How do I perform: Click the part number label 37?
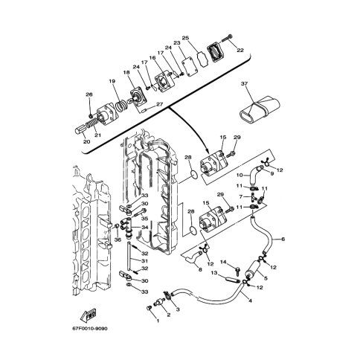tap(244, 83)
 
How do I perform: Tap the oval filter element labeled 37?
tap(260, 109)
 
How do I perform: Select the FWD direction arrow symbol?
tap(89, 316)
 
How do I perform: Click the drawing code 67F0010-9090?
tap(90, 329)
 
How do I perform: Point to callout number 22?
tap(240, 51)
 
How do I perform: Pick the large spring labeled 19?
tap(122, 104)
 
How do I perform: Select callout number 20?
tap(87, 141)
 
